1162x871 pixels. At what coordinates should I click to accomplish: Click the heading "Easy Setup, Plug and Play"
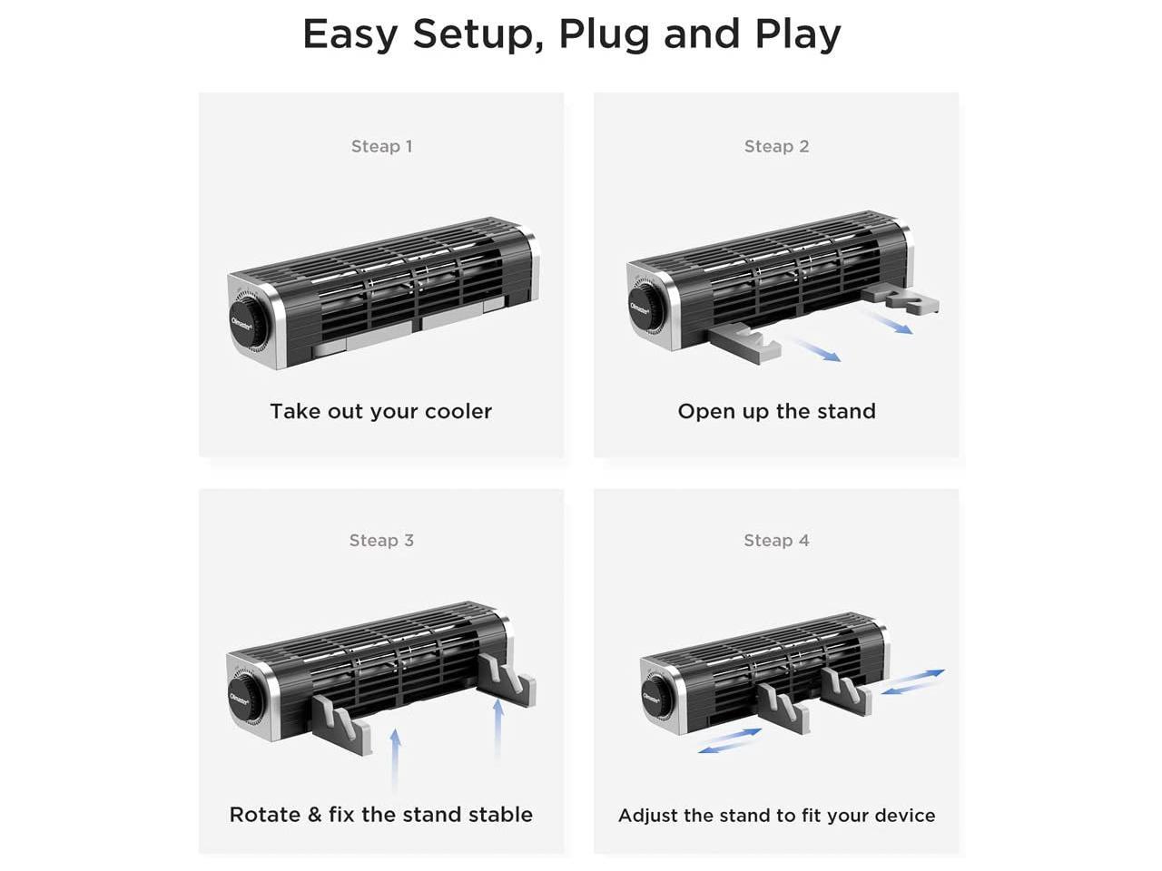571,34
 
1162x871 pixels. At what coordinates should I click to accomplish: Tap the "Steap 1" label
381,146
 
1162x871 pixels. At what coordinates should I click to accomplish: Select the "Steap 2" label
776,146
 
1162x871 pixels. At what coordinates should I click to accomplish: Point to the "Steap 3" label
381,540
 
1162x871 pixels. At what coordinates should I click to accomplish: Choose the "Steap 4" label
776,540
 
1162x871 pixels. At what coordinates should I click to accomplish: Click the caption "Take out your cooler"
380,411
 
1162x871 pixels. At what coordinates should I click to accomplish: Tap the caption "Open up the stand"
776,411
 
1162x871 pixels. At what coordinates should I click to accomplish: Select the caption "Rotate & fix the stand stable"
380,814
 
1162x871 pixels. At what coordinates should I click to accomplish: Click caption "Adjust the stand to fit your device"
776,815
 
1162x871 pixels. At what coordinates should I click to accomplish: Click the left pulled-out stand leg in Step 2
742,346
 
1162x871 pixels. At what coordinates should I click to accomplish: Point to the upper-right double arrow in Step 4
912,682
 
